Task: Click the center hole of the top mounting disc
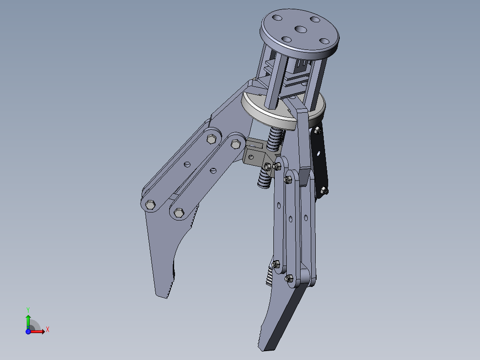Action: pyautogui.click(x=300, y=30)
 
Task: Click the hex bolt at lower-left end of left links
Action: pyautogui.click(x=151, y=205)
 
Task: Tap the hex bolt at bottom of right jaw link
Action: pyautogui.click(x=288, y=278)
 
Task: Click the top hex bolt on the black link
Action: pyautogui.click(x=317, y=131)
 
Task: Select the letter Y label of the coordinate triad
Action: pyautogui.click(x=28, y=309)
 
